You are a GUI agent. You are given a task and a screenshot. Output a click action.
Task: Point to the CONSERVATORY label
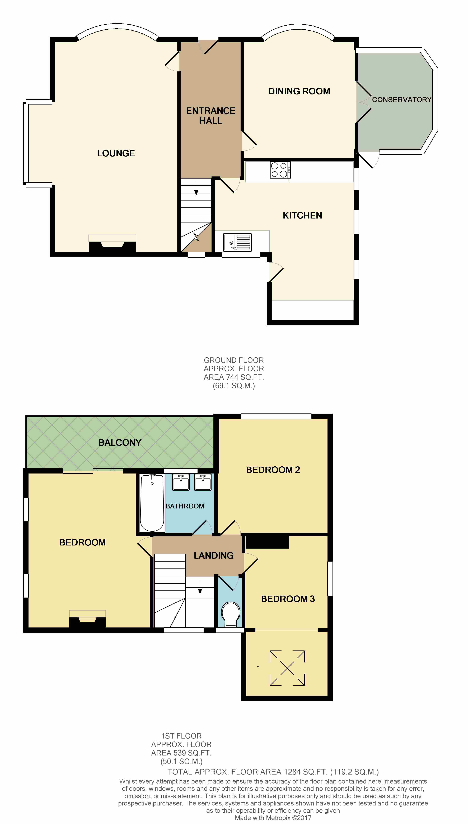click(x=401, y=100)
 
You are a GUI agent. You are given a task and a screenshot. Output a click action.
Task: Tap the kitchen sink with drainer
click(x=237, y=242)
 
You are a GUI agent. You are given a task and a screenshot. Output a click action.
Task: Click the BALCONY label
click(x=120, y=443)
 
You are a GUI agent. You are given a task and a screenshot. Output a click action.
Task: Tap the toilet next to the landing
click(x=231, y=614)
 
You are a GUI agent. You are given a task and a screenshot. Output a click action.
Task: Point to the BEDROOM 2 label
click(x=273, y=470)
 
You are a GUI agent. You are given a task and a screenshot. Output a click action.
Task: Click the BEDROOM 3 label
click(x=288, y=599)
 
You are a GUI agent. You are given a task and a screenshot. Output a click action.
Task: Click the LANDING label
click(x=214, y=556)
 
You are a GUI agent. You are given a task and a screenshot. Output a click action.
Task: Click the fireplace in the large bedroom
click(x=87, y=619)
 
